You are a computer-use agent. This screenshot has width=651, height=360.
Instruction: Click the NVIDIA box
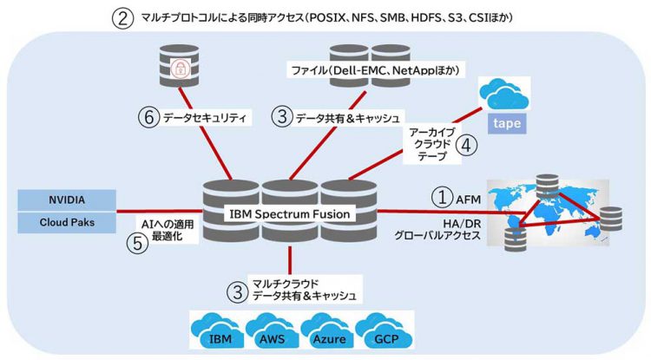tap(66, 199)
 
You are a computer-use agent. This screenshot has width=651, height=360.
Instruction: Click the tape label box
tap(507, 123)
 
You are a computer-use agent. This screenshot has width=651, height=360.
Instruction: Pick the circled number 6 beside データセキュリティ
tap(150, 115)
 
